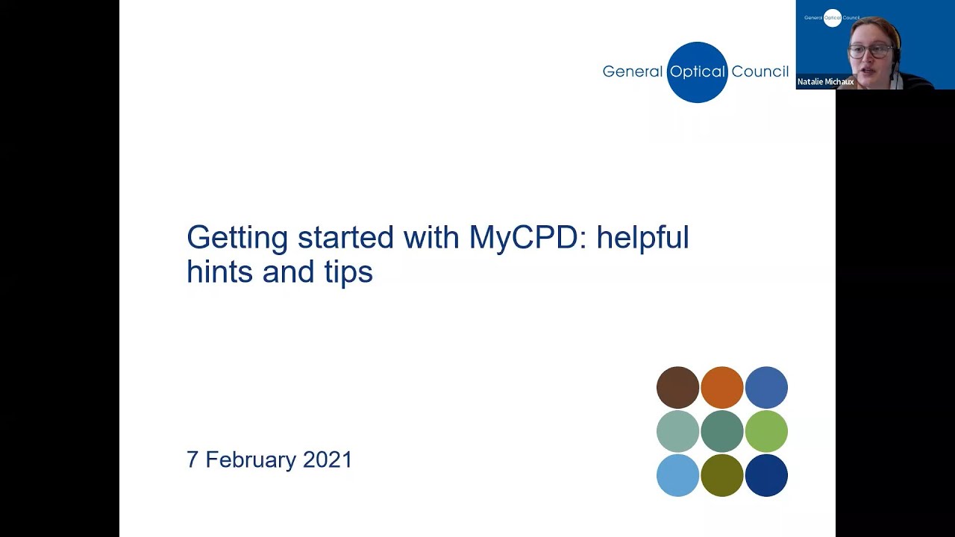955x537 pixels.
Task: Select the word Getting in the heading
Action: [237, 239]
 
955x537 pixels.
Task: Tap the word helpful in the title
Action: [642, 238]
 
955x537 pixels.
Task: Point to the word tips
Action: [348, 272]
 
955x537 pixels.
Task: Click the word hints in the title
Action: [220, 271]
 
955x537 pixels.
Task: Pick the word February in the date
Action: [251, 459]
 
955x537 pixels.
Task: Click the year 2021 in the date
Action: [328, 459]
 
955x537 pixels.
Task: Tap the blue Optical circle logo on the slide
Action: [697, 72]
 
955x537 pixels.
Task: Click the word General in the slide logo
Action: [632, 72]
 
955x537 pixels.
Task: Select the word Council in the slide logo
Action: [760, 72]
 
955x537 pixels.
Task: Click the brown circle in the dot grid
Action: [677, 388]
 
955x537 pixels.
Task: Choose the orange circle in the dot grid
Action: [722, 388]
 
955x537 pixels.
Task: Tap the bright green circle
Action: [766, 431]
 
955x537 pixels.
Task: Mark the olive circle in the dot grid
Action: [722, 475]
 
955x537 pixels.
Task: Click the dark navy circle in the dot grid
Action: [766, 475]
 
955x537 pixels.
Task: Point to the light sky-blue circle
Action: [677, 475]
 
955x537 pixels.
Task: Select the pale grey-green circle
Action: [677, 431]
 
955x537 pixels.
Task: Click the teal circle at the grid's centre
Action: [722, 431]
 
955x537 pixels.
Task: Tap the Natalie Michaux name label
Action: [825, 82]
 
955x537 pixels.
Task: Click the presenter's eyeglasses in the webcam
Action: [869, 51]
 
